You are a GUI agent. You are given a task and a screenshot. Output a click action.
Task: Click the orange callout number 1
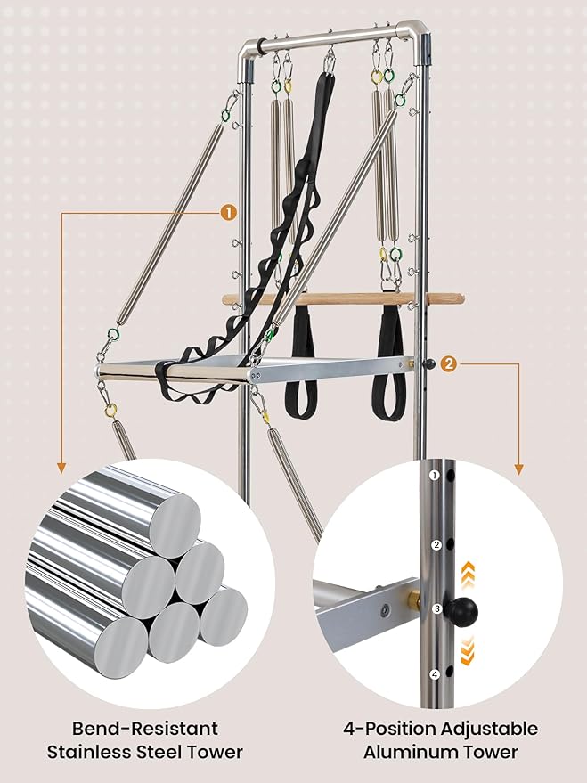pyautogui.click(x=228, y=213)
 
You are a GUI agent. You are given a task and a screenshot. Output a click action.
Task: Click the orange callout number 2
pyautogui.click(x=449, y=364)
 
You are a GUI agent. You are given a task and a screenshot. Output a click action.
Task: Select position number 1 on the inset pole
pyautogui.click(x=435, y=475)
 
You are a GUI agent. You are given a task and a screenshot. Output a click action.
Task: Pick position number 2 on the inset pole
pyautogui.click(x=436, y=545)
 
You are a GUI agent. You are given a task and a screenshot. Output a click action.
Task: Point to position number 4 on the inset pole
pyautogui.click(x=435, y=674)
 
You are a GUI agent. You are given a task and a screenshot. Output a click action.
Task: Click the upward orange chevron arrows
pyautogui.click(x=468, y=574)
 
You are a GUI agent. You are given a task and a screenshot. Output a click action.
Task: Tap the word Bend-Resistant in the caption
pyautogui.click(x=145, y=728)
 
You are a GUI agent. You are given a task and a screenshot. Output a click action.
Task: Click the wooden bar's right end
pyautogui.click(x=462, y=299)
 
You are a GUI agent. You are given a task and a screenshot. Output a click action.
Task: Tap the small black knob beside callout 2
pyautogui.click(x=429, y=364)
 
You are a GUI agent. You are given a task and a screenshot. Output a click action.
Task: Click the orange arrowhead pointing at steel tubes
pyautogui.click(x=61, y=468)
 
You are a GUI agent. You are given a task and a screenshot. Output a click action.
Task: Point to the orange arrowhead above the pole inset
pyautogui.click(x=518, y=469)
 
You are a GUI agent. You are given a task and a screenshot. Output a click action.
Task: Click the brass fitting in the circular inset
pyautogui.click(x=414, y=599)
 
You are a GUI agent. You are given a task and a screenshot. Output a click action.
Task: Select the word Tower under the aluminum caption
pyautogui.click(x=490, y=752)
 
